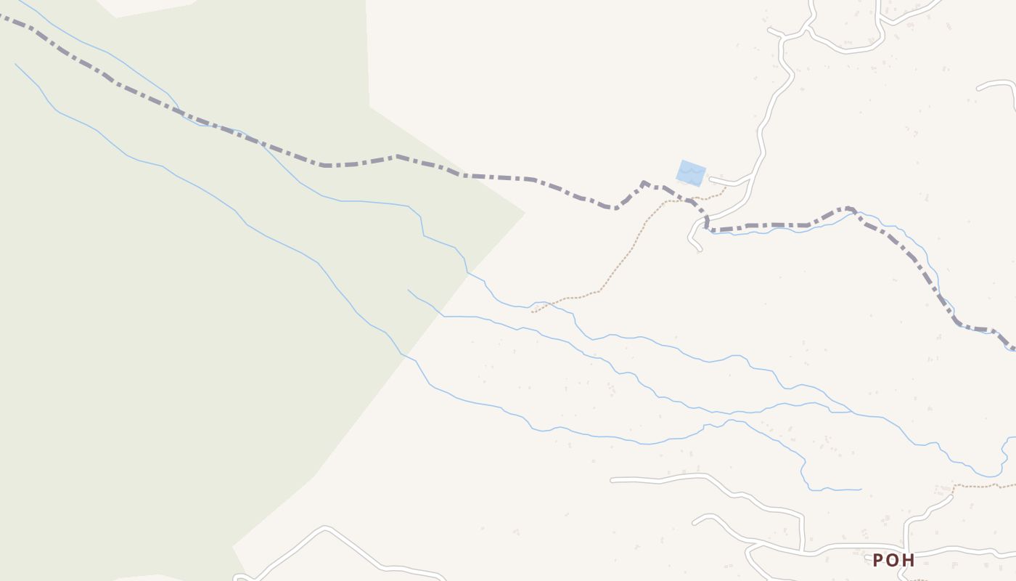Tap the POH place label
pos(893,560)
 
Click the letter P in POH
pos(878,560)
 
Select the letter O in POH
pos(893,560)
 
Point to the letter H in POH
pos(908,560)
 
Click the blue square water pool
pos(691,173)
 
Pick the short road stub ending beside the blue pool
pos(710,179)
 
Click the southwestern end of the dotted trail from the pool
pos(533,312)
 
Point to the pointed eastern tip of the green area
pos(524,214)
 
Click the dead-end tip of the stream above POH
pos(861,489)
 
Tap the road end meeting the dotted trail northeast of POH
pos(951,497)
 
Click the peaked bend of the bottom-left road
pos(325,528)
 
